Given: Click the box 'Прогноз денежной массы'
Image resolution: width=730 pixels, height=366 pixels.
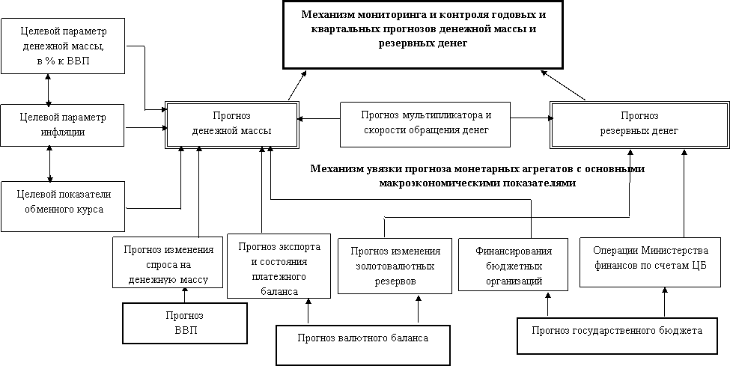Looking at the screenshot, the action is pos(232,125).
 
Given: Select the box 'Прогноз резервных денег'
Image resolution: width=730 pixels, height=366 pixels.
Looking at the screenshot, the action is pos(639,125).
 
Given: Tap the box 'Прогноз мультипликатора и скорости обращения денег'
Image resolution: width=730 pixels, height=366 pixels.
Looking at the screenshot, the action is pos(425,123).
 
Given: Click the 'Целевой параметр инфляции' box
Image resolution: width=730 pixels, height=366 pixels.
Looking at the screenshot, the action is pos(63,125).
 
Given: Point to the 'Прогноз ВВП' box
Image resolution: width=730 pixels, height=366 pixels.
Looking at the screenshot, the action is pos(185,323).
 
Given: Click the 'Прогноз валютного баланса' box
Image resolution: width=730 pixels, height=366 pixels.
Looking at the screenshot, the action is pos(363,344).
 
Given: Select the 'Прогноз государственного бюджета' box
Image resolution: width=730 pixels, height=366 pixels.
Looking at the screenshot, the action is pos(617,336).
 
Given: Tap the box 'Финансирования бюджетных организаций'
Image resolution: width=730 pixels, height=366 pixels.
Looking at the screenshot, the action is pos(513,266).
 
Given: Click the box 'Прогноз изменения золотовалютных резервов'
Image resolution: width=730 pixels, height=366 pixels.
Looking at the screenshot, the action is pos(395,266).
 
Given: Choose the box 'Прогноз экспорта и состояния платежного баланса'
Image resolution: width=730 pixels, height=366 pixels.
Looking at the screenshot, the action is pos(279,266).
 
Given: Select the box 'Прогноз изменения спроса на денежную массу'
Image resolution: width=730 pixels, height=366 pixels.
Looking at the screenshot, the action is pos(168,262).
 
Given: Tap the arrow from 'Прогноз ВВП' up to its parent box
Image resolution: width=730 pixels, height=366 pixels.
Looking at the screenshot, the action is pos(184,295).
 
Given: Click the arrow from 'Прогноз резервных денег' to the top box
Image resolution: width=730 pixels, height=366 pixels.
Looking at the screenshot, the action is pos(563,85).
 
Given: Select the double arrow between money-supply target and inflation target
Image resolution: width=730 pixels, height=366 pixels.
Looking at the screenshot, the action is pos(48,89).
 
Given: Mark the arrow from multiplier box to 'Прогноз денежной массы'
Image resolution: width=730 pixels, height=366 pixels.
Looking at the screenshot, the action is pos(320,118).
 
